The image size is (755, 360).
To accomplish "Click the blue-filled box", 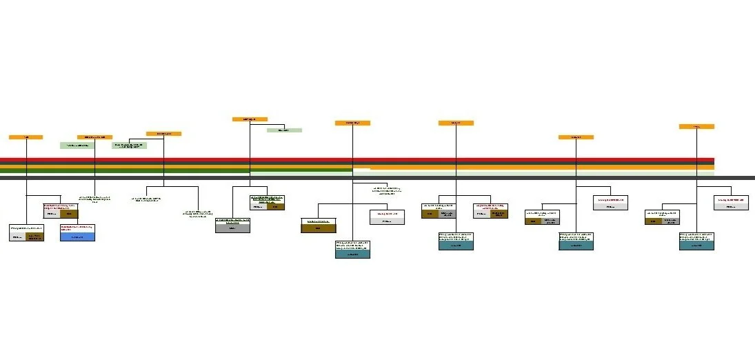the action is click(x=77, y=237).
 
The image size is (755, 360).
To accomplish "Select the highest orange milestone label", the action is click(x=250, y=119).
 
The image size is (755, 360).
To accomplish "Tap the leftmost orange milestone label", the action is click(x=26, y=137).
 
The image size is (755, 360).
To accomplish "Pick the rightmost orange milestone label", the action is click(x=696, y=127).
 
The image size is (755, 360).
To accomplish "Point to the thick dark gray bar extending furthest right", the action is click(x=377, y=177).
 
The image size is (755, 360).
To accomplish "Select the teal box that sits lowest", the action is click(x=352, y=254).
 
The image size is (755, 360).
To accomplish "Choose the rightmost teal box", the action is click(x=696, y=246).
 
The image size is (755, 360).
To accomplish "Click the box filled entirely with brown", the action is click(x=319, y=228).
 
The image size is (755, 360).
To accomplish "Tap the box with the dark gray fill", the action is click(x=232, y=228).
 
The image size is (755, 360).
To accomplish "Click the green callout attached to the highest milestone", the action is click(x=284, y=130).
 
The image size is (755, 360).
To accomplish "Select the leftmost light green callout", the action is click(x=77, y=146).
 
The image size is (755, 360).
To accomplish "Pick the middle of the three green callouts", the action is click(x=129, y=146).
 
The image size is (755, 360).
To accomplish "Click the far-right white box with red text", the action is click(x=731, y=200).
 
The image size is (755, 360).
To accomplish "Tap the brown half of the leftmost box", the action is click(x=35, y=237).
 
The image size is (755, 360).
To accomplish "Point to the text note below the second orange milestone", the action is click(x=94, y=199).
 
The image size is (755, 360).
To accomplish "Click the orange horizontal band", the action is click(x=538, y=167).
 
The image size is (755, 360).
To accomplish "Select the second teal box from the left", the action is click(x=456, y=246).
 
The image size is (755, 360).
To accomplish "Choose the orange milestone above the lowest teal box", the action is click(x=352, y=123).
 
